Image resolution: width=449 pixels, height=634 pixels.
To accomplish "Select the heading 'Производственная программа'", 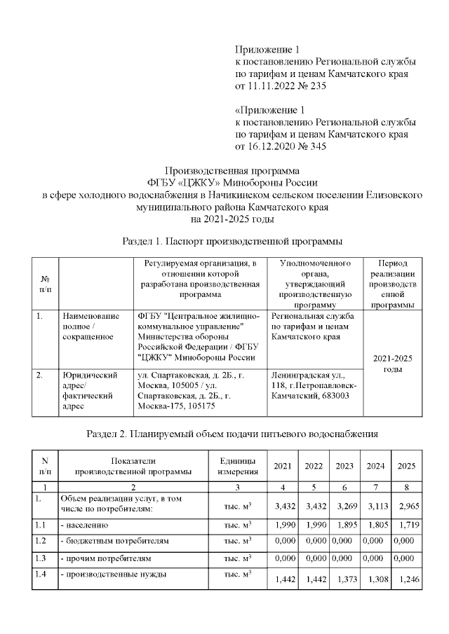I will pos(231,170).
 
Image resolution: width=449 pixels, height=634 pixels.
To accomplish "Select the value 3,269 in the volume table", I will pos(344,505).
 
